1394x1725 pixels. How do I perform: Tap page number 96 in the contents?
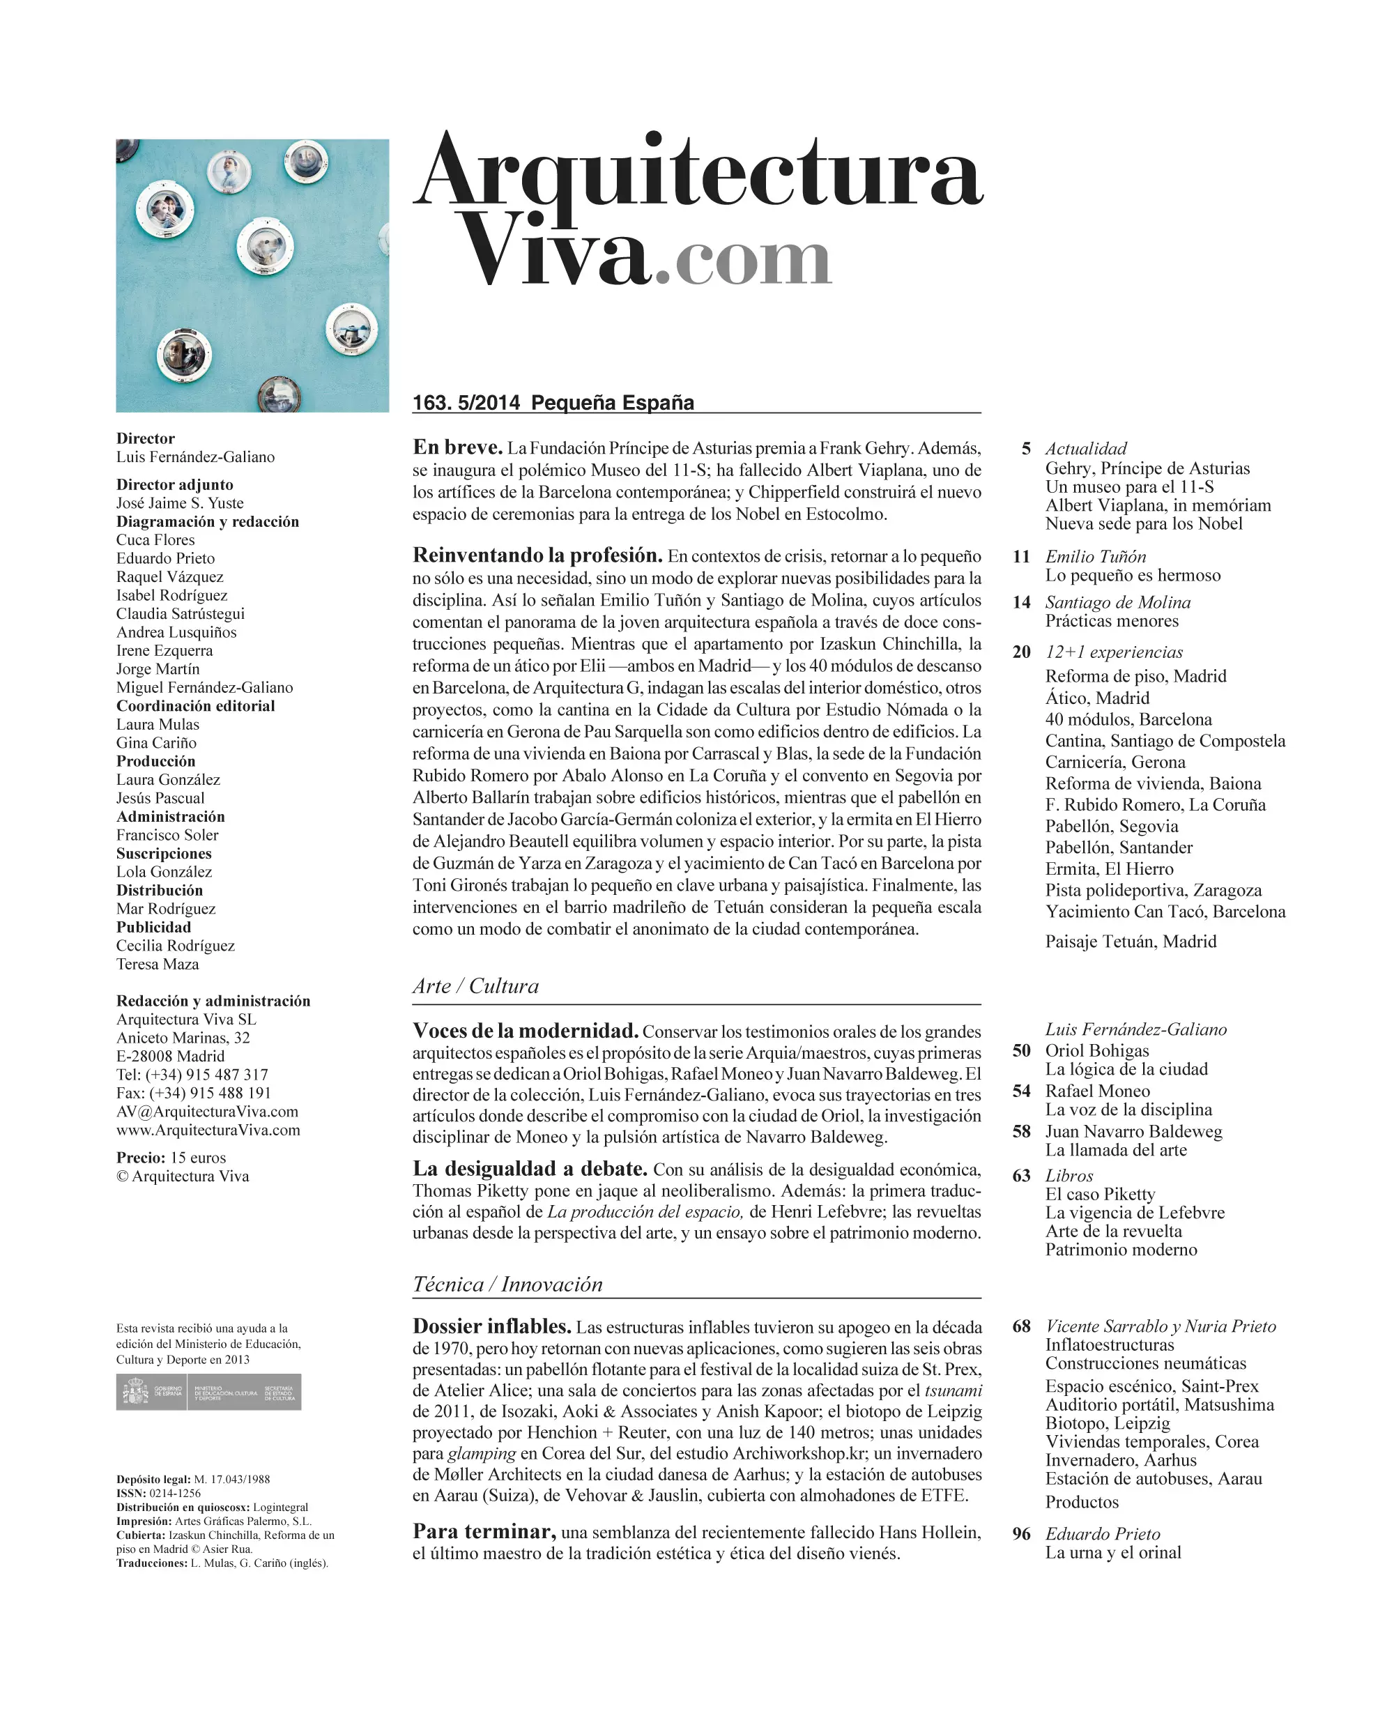pyautogui.click(x=1021, y=1533)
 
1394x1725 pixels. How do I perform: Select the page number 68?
pyautogui.click(x=1021, y=1326)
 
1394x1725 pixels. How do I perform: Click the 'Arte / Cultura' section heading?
pyautogui.click(x=475, y=986)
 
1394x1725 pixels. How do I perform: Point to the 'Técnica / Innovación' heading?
pyautogui.click(x=507, y=1284)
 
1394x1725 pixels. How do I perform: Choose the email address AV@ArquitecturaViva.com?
pyautogui.click(x=207, y=1112)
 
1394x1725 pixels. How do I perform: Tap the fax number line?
pyautogui.click(x=194, y=1093)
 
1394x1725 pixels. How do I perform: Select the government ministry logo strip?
pyautogui.click(x=209, y=1393)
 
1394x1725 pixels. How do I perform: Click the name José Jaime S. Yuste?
pyautogui.click(x=180, y=503)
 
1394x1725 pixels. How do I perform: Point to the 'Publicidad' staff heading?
pyautogui.click(x=153, y=927)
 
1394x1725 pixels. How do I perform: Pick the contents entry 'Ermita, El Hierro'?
pyautogui.click(x=1109, y=869)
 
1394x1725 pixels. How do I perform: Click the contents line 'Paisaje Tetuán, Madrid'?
pyautogui.click(x=1131, y=941)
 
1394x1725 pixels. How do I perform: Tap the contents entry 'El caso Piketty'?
pyautogui.click(x=1100, y=1194)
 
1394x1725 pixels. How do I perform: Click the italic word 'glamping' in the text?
pyautogui.click(x=482, y=1454)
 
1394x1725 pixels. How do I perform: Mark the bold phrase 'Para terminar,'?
pyautogui.click(x=484, y=1531)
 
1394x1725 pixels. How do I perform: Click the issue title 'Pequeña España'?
pyautogui.click(x=613, y=402)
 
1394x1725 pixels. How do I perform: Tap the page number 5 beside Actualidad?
pyautogui.click(x=1025, y=448)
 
